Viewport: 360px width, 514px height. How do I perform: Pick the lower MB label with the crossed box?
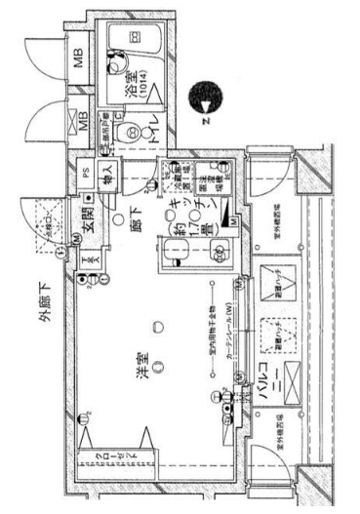pyautogui.click(x=81, y=120)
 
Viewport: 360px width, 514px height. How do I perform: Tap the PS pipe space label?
pyautogui.click(x=86, y=173)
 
